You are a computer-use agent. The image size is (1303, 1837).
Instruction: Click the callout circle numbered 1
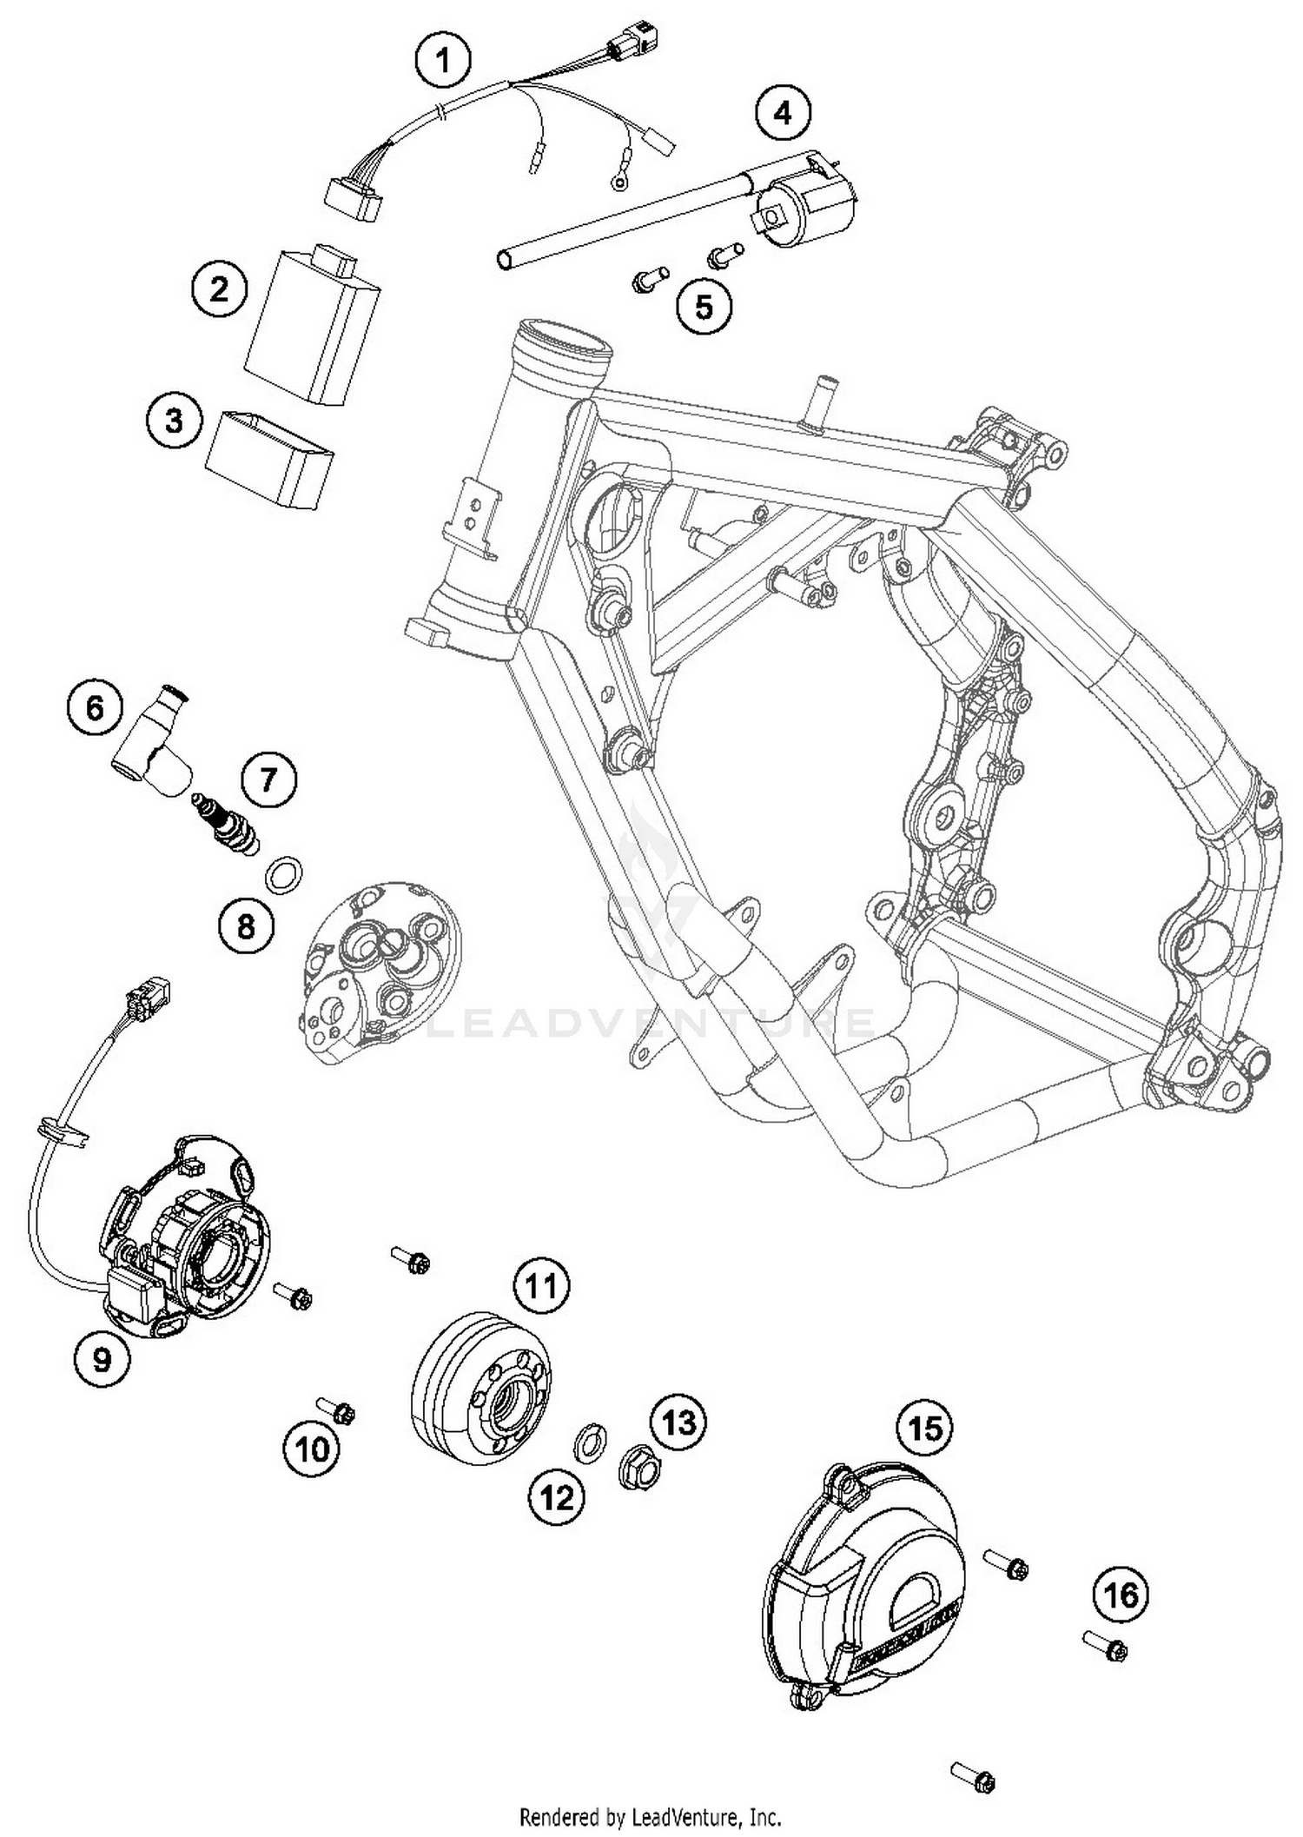click(444, 61)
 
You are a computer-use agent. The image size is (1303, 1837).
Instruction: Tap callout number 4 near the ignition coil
click(783, 113)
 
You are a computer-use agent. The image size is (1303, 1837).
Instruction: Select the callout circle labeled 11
click(542, 1285)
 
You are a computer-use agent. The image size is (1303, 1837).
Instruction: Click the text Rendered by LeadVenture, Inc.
click(651, 1816)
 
